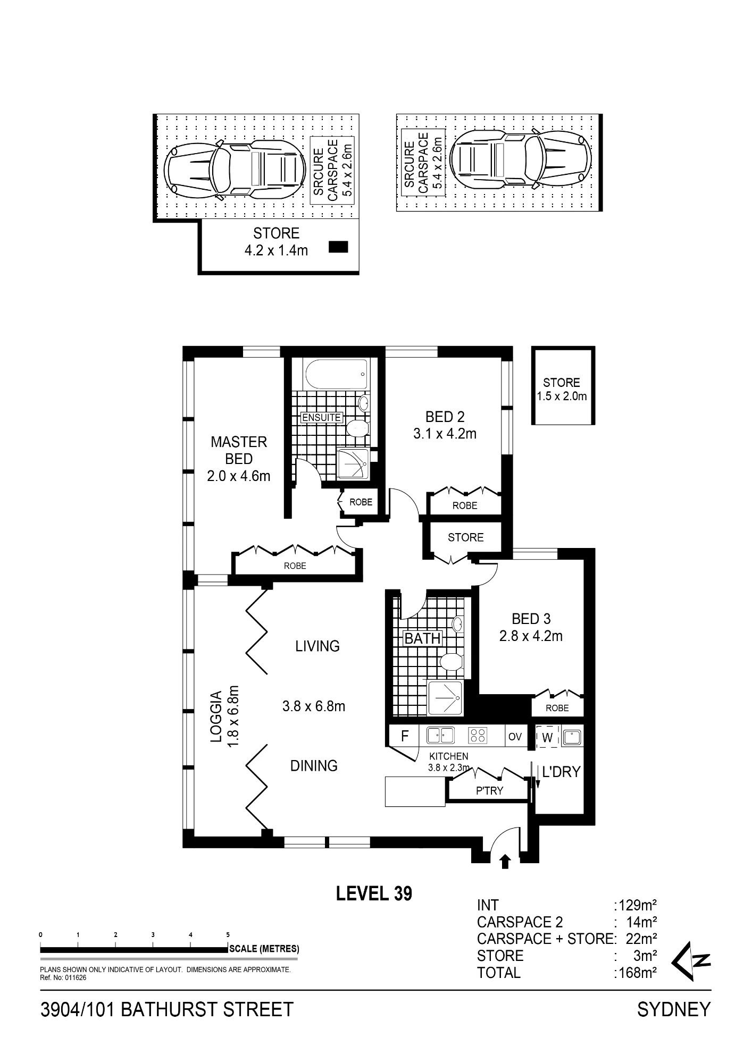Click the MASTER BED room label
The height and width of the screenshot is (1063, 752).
pyautogui.click(x=239, y=450)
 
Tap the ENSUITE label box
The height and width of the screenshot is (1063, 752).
pyautogui.click(x=321, y=417)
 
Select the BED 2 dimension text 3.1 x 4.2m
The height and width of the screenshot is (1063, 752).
pyautogui.click(x=445, y=434)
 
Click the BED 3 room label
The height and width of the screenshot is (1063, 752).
pyautogui.click(x=531, y=619)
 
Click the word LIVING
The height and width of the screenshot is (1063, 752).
pyautogui.click(x=317, y=646)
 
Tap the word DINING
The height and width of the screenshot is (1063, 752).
pyautogui.click(x=314, y=765)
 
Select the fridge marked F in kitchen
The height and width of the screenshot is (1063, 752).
pyautogui.click(x=404, y=737)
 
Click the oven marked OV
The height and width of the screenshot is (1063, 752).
pyautogui.click(x=515, y=737)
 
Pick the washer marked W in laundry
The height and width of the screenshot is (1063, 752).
pyautogui.click(x=547, y=737)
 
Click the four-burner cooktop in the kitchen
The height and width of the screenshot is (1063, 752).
pyautogui.click(x=478, y=736)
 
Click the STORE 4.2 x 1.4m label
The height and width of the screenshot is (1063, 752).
pyautogui.click(x=276, y=242)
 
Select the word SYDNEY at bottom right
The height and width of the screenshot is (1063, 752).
pyautogui.click(x=674, y=1009)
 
